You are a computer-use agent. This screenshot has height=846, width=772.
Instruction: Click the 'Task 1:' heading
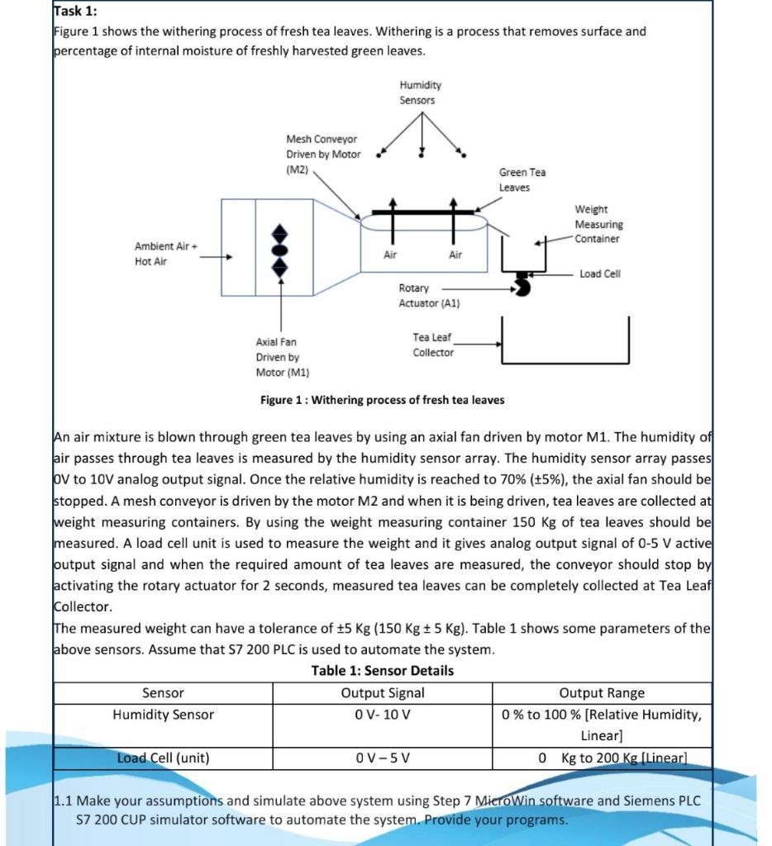click(x=75, y=11)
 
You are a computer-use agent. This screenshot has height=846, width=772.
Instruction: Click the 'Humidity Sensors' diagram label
click(x=420, y=93)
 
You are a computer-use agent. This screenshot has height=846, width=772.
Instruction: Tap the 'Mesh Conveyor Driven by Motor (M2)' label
click(x=323, y=154)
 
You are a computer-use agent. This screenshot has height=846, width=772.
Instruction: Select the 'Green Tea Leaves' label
click(x=522, y=179)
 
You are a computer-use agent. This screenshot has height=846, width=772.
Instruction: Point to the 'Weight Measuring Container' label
click(x=598, y=224)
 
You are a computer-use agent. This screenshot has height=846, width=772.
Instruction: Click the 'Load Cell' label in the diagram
click(x=599, y=273)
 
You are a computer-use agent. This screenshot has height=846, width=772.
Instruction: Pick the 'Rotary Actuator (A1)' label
click(x=428, y=296)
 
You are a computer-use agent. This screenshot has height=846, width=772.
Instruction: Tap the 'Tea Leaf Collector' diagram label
click(x=433, y=345)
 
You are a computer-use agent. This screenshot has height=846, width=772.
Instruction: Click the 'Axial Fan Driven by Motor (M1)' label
click(x=283, y=357)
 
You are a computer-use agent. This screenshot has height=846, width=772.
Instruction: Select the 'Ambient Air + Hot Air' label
click(x=165, y=254)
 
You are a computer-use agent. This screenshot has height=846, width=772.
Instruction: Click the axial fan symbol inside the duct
click(x=280, y=249)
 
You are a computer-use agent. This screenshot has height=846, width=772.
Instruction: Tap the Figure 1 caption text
click(x=382, y=400)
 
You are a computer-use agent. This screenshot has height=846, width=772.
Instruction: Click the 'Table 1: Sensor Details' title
click(x=382, y=670)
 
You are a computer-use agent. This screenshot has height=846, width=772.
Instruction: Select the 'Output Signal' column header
click(x=382, y=692)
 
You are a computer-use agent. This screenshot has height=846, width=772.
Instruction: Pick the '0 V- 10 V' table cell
click(x=382, y=715)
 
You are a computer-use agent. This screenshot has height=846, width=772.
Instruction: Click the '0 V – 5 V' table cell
click(x=382, y=758)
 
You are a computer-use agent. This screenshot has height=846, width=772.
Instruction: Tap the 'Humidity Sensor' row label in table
click(x=163, y=715)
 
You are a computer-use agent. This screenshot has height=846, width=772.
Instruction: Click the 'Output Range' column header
click(x=602, y=692)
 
